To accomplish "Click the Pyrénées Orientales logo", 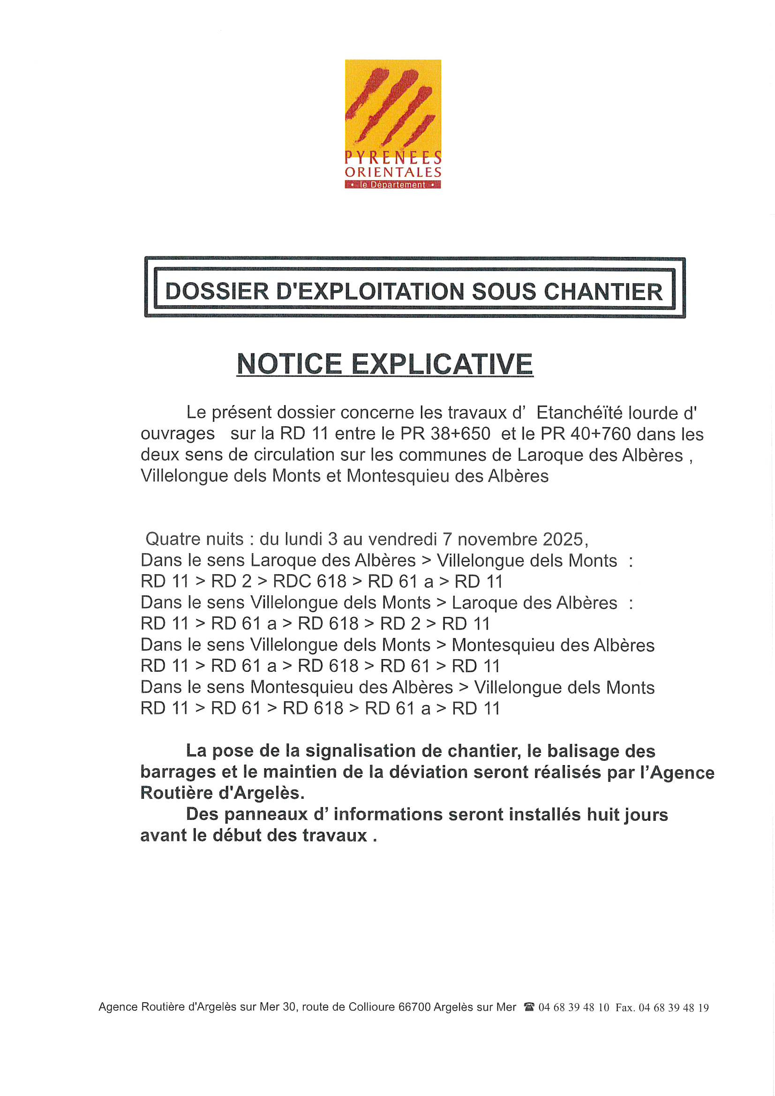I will [x=392, y=124].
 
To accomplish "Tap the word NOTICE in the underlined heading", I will [x=289, y=364].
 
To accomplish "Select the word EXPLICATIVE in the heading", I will [x=442, y=364].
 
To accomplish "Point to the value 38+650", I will [x=460, y=434].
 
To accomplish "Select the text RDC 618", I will [x=309, y=581].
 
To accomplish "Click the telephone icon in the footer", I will [x=528, y=1007].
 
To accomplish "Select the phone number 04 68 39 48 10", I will [x=574, y=1007].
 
